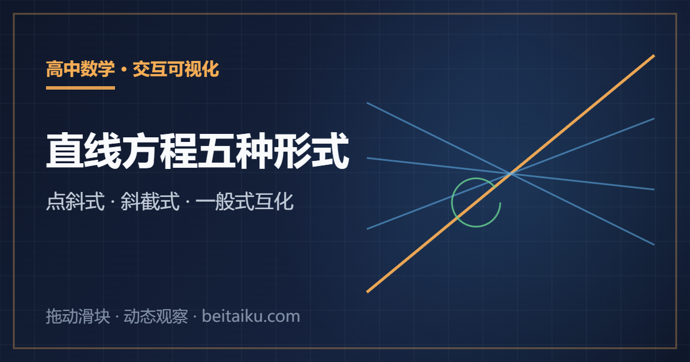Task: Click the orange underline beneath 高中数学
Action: point(80,88)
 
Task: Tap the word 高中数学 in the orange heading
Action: point(80,69)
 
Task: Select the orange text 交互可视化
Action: point(176,69)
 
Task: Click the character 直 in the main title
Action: point(65,151)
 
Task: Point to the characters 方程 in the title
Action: point(160,151)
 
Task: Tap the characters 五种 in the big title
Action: point(235,151)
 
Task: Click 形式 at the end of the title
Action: point(311,151)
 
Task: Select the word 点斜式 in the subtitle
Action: point(75,202)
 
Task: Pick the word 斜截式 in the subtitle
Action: point(150,202)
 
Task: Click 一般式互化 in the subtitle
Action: point(244,202)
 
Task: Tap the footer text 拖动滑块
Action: point(78,316)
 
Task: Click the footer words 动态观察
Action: point(156,316)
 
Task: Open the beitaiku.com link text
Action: point(251,316)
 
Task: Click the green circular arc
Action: point(452,202)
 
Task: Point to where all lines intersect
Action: point(511,174)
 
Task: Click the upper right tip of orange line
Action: point(654,56)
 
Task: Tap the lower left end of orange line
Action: point(367,292)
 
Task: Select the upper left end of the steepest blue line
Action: point(367,103)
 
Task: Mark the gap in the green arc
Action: point(499,195)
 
